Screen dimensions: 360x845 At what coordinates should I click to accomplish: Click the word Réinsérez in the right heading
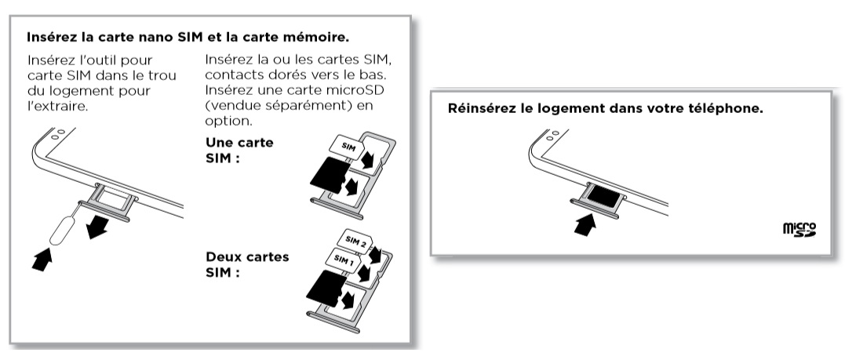click(x=479, y=108)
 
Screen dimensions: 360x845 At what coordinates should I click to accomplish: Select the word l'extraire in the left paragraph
click(x=56, y=105)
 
